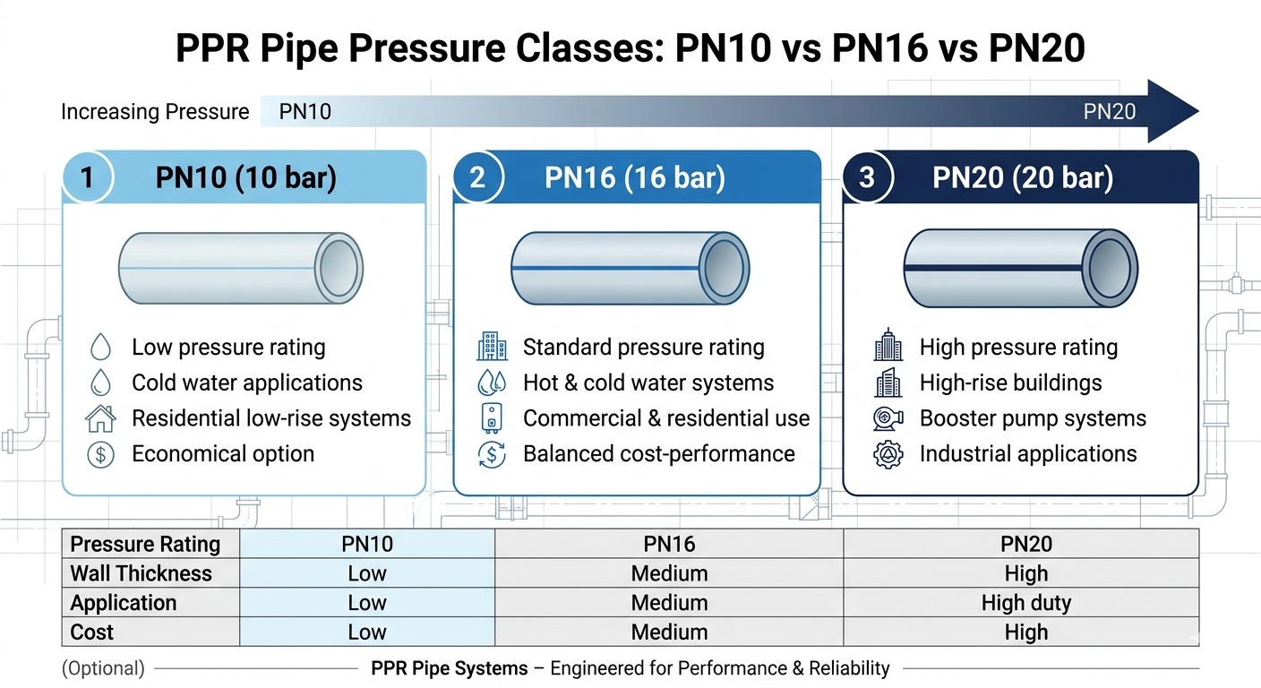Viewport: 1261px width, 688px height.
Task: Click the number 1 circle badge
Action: pyautogui.click(x=87, y=177)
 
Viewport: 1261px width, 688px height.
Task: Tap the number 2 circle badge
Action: pyautogui.click(x=477, y=177)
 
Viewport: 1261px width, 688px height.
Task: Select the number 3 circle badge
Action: pyautogui.click(x=866, y=177)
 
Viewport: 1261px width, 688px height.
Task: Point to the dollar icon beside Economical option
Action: pyautogui.click(x=101, y=454)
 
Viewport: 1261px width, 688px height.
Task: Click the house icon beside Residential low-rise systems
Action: pyautogui.click(x=101, y=418)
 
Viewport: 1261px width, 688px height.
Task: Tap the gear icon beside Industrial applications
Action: pyautogui.click(x=888, y=454)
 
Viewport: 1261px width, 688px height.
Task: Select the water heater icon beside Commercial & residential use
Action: pyautogui.click(x=492, y=418)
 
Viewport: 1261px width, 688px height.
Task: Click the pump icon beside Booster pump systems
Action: pyautogui.click(x=888, y=418)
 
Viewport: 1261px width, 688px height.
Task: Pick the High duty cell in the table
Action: pyautogui.click(x=1025, y=603)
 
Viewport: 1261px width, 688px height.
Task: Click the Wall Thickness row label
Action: pyautogui.click(x=141, y=573)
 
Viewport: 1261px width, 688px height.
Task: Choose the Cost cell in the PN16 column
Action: pyautogui.click(x=669, y=632)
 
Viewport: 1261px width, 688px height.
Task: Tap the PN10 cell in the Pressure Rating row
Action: pyautogui.click(x=367, y=544)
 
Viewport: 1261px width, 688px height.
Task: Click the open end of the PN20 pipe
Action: pyautogui.click(x=1110, y=268)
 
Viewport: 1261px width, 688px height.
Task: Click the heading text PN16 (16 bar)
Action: pyautogui.click(x=634, y=177)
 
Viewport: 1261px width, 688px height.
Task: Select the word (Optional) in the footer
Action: pyautogui.click(x=103, y=668)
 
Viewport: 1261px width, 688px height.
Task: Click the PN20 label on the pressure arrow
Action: pyautogui.click(x=1109, y=111)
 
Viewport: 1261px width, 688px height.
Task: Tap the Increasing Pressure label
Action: pyautogui.click(x=155, y=112)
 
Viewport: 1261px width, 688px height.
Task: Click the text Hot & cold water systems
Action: pyautogui.click(x=648, y=383)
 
